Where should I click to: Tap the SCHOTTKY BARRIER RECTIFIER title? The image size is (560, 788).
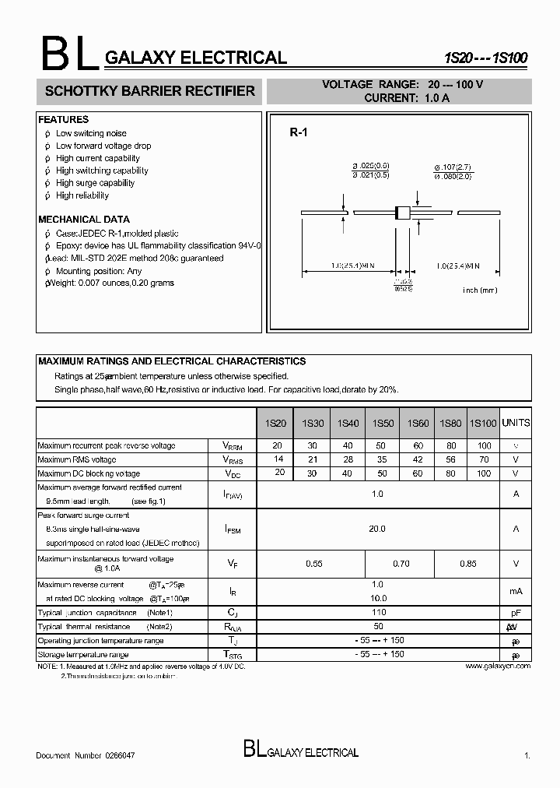pyautogui.click(x=150, y=91)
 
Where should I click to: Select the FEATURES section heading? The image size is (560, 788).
pyautogui.click(x=64, y=120)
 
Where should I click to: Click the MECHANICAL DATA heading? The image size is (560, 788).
pyautogui.click(x=84, y=220)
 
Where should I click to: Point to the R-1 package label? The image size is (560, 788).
pyautogui.click(x=299, y=133)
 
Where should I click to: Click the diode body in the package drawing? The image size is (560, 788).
pyautogui.click(x=403, y=212)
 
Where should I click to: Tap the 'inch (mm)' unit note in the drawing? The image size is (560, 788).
pyautogui.click(x=480, y=290)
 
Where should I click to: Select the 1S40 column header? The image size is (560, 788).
pyautogui.click(x=348, y=424)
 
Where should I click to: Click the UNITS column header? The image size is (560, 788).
pyautogui.click(x=516, y=423)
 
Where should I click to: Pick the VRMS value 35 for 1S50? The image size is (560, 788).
pyautogui.click(x=382, y=459)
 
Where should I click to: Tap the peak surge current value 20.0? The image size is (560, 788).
pyautogui.click(x=377, y=529)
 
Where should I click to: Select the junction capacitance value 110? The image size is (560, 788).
pyautogui.click(x=377, y=612)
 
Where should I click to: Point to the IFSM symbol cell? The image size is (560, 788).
pyautogui.click(x=233, y=529)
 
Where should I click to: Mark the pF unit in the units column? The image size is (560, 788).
pyautogui.click(x=516, y=613)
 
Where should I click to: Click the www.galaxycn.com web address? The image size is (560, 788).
pyautogui.click(x=498, y=667)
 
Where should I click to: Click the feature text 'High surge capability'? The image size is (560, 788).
pyautogui.click(x=95, y=183)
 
